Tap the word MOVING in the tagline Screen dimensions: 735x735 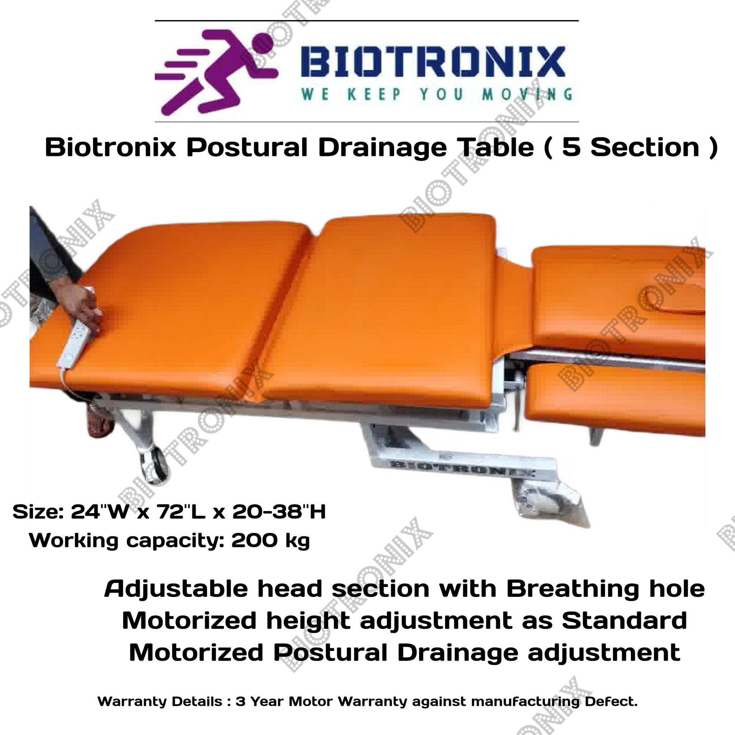pos(527,94)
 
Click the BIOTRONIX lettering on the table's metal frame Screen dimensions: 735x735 pos(462,468)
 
